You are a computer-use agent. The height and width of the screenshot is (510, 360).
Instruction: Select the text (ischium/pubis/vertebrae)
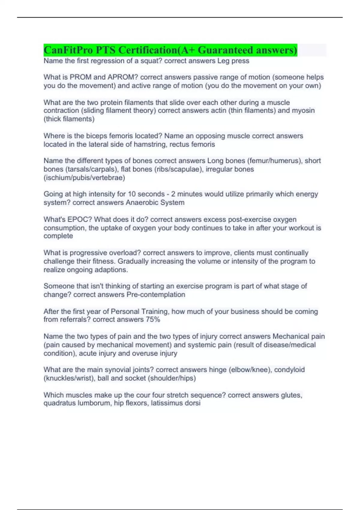pyautogui.click(x=84, y=178)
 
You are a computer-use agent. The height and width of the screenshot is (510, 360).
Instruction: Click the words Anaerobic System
pyautogui.click(x=155, y=202)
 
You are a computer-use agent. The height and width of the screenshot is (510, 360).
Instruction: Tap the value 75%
pyautogui.click(x=153, y=319)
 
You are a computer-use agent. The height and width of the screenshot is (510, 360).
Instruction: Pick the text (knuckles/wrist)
pyautogui.click(x=69, y=378)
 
